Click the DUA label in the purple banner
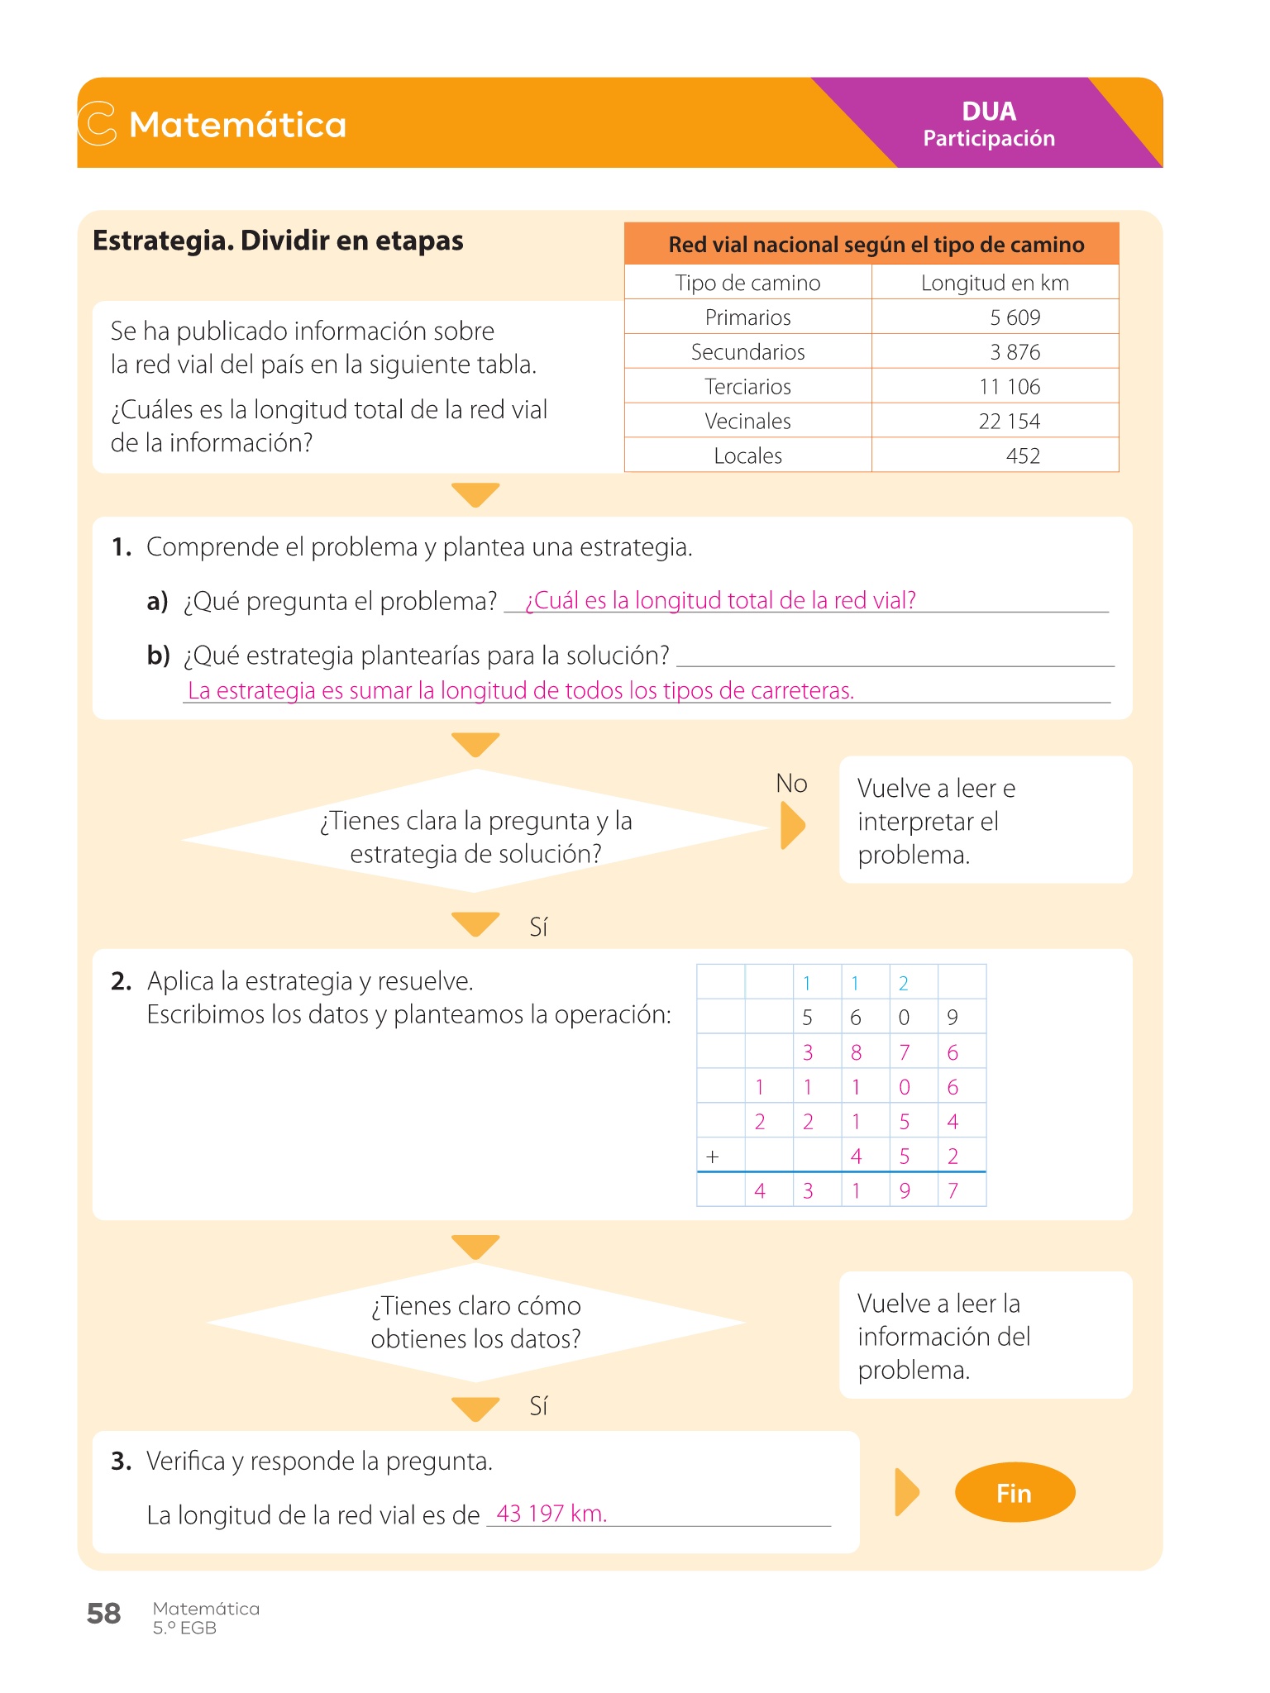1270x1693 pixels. tap(989, 112)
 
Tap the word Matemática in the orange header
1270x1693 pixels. tap(237, 125)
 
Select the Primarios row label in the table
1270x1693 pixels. tap(747, 317)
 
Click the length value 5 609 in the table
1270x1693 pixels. tap(1015, 317)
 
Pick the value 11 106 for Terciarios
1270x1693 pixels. tap(1009, 387)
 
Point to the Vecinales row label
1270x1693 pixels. tap(747, 422)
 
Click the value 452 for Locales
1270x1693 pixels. tap(1022, 456)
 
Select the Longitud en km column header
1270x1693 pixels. tap(995, 283)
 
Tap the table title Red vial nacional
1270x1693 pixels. tap(876, 245)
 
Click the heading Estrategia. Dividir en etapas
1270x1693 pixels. tap(278, 241)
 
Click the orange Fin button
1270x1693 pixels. tap(1015, 1493)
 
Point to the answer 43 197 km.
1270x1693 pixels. tap(551, 1514)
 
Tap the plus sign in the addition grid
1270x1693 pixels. tap(713, 1156)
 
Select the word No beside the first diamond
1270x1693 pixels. tap(791, 784)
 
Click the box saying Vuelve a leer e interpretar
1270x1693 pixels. tap(985, 821)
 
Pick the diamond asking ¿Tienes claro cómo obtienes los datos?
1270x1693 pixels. tap(475, 1322)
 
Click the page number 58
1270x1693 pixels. tap(104, 1614)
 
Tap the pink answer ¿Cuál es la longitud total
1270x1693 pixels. tap(720, 600)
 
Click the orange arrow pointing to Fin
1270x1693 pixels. tap(906, 1492)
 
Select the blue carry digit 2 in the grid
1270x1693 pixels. tap(904, 983)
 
